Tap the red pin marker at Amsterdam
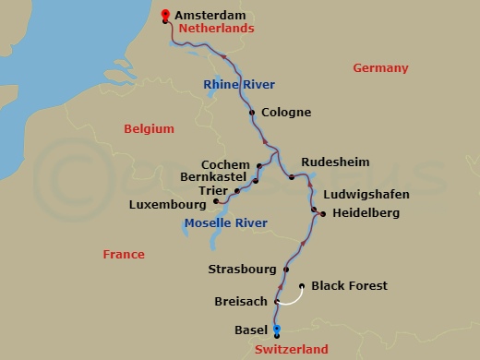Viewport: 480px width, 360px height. point(165,15)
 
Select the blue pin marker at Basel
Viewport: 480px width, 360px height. point(277,330)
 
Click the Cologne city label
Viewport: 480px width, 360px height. point(286,113)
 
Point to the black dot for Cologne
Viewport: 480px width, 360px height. point(252,114)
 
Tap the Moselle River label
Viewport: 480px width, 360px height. point(225,223)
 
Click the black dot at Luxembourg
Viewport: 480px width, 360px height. point(216,200)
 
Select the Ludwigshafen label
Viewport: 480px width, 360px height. point(366,195)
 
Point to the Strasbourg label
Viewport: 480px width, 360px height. point(243,270)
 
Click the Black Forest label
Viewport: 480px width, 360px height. point(349,286)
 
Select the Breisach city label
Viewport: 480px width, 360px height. point(240,302)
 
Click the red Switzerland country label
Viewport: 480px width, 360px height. point(290,350)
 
